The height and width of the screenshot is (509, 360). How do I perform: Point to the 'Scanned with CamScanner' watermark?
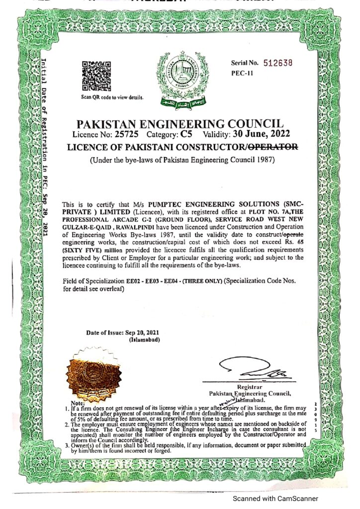[x=274, y=499]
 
